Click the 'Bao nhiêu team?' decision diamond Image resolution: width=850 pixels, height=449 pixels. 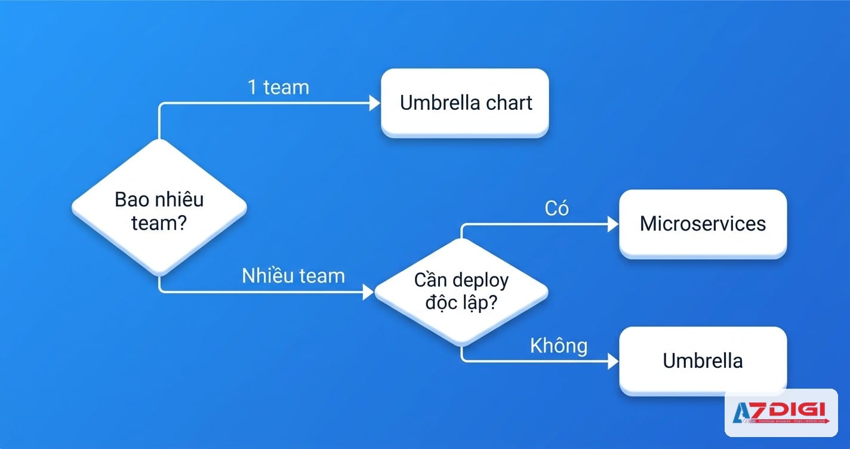(x=159, y=207)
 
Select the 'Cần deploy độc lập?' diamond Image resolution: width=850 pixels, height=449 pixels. (x=461, y=291)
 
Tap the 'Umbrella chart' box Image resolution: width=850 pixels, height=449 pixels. (x=465, y=103)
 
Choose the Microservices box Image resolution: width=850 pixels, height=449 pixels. (x=703, y=223)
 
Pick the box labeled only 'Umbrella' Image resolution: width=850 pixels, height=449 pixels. (x=703, y=361)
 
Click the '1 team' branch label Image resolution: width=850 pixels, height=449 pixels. (x=278, y=87)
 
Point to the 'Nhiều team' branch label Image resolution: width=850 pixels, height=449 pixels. (x=293, y=276)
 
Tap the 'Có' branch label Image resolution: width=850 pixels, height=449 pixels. (x=556, y=208)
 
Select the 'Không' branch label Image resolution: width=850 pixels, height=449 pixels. (x=558, y=346)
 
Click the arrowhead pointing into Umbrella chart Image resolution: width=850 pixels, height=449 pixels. (x=375, y=103)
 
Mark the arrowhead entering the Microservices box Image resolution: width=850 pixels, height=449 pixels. (x=613, y=224)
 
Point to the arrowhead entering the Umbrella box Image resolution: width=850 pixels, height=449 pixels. (x=613, y=361)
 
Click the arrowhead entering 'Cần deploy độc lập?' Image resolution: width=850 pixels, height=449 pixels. (x=368, y=292)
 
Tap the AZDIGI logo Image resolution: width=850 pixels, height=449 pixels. (x=781, y=413)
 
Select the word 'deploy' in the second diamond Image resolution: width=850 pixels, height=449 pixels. (x=480, y=280)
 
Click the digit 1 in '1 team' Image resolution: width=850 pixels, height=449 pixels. (x=253, y=87)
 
